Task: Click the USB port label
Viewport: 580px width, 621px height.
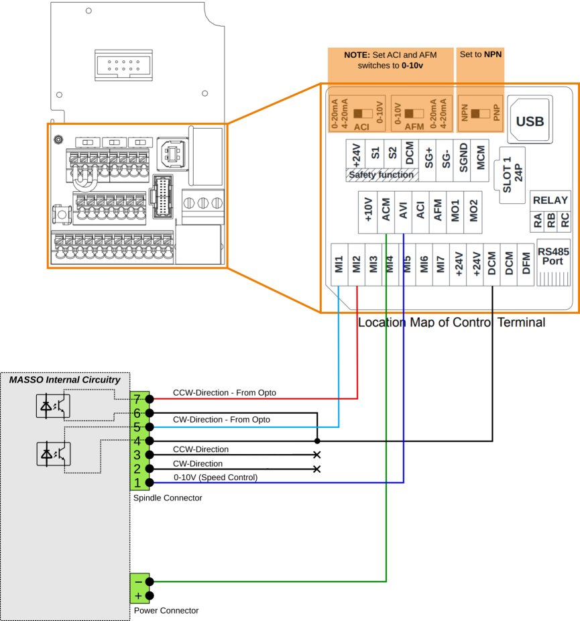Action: click(529, 121)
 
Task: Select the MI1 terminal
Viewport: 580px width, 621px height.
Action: click(339, 264)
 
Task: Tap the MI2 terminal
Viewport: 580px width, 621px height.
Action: click(357, 264)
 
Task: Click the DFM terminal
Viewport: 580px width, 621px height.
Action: click(527, 264)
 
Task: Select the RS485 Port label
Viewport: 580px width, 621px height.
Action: click(553, 256)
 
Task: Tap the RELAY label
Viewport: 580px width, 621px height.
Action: click(550, 200)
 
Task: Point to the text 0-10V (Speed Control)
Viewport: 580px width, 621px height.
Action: click(215, 477)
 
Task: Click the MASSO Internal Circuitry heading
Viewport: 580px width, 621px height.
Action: click(64, 380)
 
